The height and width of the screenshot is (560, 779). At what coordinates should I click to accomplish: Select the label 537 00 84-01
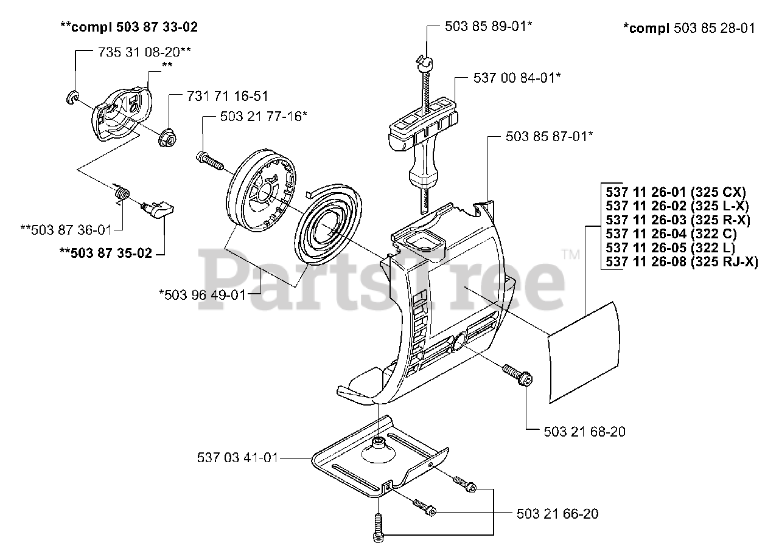coord(517,78)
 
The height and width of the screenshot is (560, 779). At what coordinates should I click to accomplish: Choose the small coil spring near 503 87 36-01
coord(122,194)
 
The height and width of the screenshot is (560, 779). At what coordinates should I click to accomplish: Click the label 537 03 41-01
coord(238,458)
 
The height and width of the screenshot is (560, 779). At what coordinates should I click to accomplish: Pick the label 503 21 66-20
coord(557,514)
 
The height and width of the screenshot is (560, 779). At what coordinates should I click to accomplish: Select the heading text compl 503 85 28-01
coord(688,28)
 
